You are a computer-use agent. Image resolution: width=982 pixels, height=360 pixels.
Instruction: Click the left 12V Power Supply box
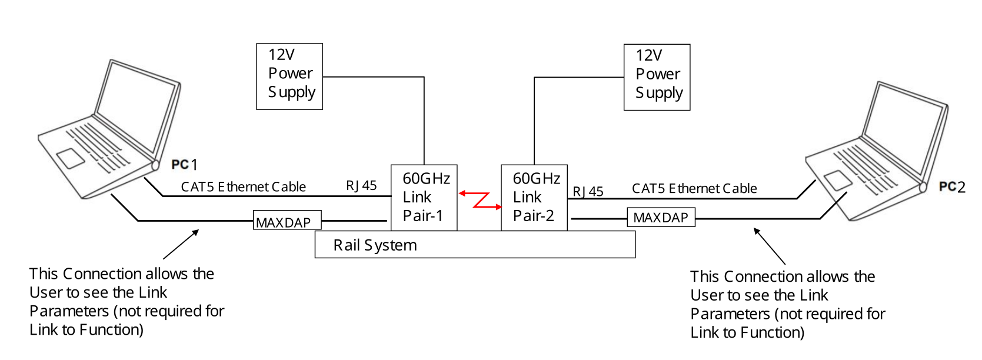pos(289,76)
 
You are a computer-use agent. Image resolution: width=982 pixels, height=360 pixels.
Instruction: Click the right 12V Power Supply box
pos(657,77)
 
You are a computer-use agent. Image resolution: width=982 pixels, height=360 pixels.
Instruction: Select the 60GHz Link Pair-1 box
pos(424,197)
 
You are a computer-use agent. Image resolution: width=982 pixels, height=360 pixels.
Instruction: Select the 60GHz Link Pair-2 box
pos(534,197)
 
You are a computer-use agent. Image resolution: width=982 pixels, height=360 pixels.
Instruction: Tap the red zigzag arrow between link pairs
pos(480,200)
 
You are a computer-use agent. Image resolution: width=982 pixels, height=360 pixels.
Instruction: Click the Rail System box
pos(475,245)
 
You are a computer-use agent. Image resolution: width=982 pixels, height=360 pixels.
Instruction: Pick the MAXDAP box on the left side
pos(287,221)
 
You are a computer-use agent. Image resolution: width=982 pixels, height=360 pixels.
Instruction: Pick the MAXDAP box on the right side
pos(661,218)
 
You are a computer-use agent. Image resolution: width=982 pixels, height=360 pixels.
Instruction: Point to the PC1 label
pos(184,165)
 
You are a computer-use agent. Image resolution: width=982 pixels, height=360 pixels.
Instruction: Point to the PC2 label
pos(952,187)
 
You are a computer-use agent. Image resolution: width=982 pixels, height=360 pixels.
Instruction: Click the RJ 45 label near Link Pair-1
pos(361,186)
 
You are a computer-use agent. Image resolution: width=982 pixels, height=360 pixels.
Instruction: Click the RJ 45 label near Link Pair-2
pos(588,191)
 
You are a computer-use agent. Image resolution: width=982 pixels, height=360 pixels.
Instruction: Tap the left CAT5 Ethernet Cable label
pos(243,187)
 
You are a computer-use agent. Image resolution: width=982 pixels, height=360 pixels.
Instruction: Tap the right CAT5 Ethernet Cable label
pos(694,189)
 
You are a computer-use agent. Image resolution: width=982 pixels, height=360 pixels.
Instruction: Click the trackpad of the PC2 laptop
pos(838,180)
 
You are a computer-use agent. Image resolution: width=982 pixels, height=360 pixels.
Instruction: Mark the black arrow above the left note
pos(181,244)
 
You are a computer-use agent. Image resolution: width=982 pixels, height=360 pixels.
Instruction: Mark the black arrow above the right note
pos(770,246)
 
